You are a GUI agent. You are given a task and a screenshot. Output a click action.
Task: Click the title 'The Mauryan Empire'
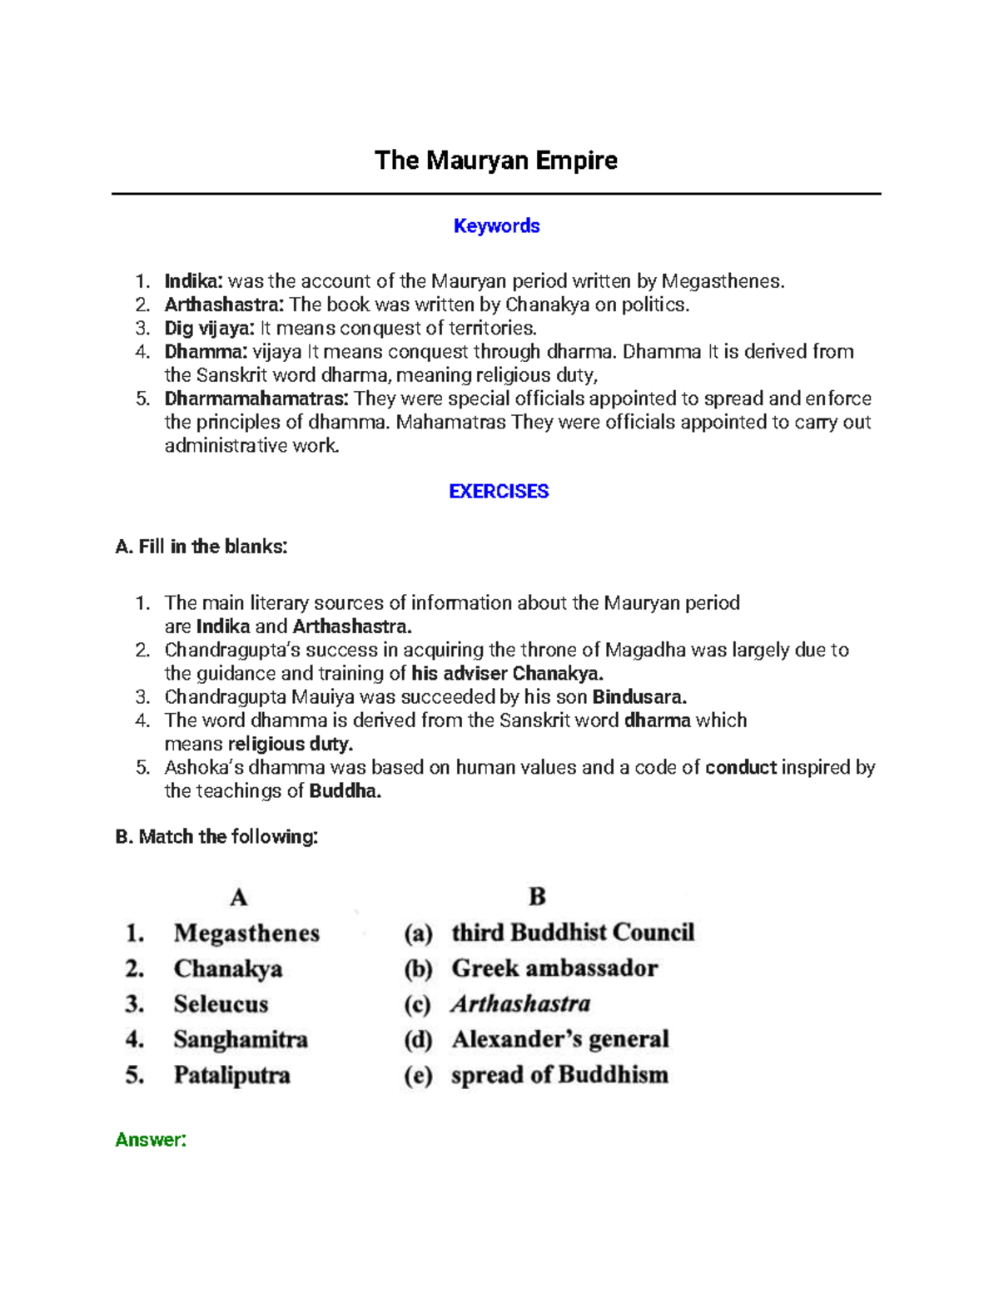[x=496, y=160]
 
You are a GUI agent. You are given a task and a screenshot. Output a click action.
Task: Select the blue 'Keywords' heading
[x=496, y=225]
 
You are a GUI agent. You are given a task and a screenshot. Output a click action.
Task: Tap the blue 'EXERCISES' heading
[x=499, y=491]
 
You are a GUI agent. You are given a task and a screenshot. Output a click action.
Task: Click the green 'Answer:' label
[x=151, y=1139]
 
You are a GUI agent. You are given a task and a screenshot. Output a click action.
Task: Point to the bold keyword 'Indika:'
[x=194, y=281]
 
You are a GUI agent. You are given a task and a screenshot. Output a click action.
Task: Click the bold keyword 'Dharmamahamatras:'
[x=256, y=398]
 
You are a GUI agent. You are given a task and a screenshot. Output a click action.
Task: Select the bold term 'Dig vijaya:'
[x=209, y=328]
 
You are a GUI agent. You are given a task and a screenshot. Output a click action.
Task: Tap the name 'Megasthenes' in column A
[x=246, y=933]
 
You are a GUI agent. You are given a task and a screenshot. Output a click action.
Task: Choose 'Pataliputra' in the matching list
[x=231, y=1075]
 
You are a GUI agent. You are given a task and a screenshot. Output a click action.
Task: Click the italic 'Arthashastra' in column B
[x=521, y=1003]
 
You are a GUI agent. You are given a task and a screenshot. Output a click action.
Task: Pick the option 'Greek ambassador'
[x=554, y=968]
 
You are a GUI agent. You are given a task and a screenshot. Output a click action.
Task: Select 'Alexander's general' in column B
[x=560, y=1039]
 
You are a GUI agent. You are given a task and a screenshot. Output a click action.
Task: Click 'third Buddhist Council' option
[x=573, y=932]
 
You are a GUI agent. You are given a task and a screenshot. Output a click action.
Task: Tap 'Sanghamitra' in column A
[x=241, y=1039]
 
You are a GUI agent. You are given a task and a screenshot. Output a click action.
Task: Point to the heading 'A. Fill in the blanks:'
[x=201, y=547]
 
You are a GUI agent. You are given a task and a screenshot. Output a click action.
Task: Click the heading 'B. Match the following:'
[x=216, y=836]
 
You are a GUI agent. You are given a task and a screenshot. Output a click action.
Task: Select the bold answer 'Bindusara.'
[x=639, y=696]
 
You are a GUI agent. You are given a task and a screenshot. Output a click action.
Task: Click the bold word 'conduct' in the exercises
[x=740, y=767]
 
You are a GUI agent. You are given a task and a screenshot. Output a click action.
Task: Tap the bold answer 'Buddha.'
[x=345, y=790]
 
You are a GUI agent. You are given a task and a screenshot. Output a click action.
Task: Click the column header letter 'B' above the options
[x=537, y=896]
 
